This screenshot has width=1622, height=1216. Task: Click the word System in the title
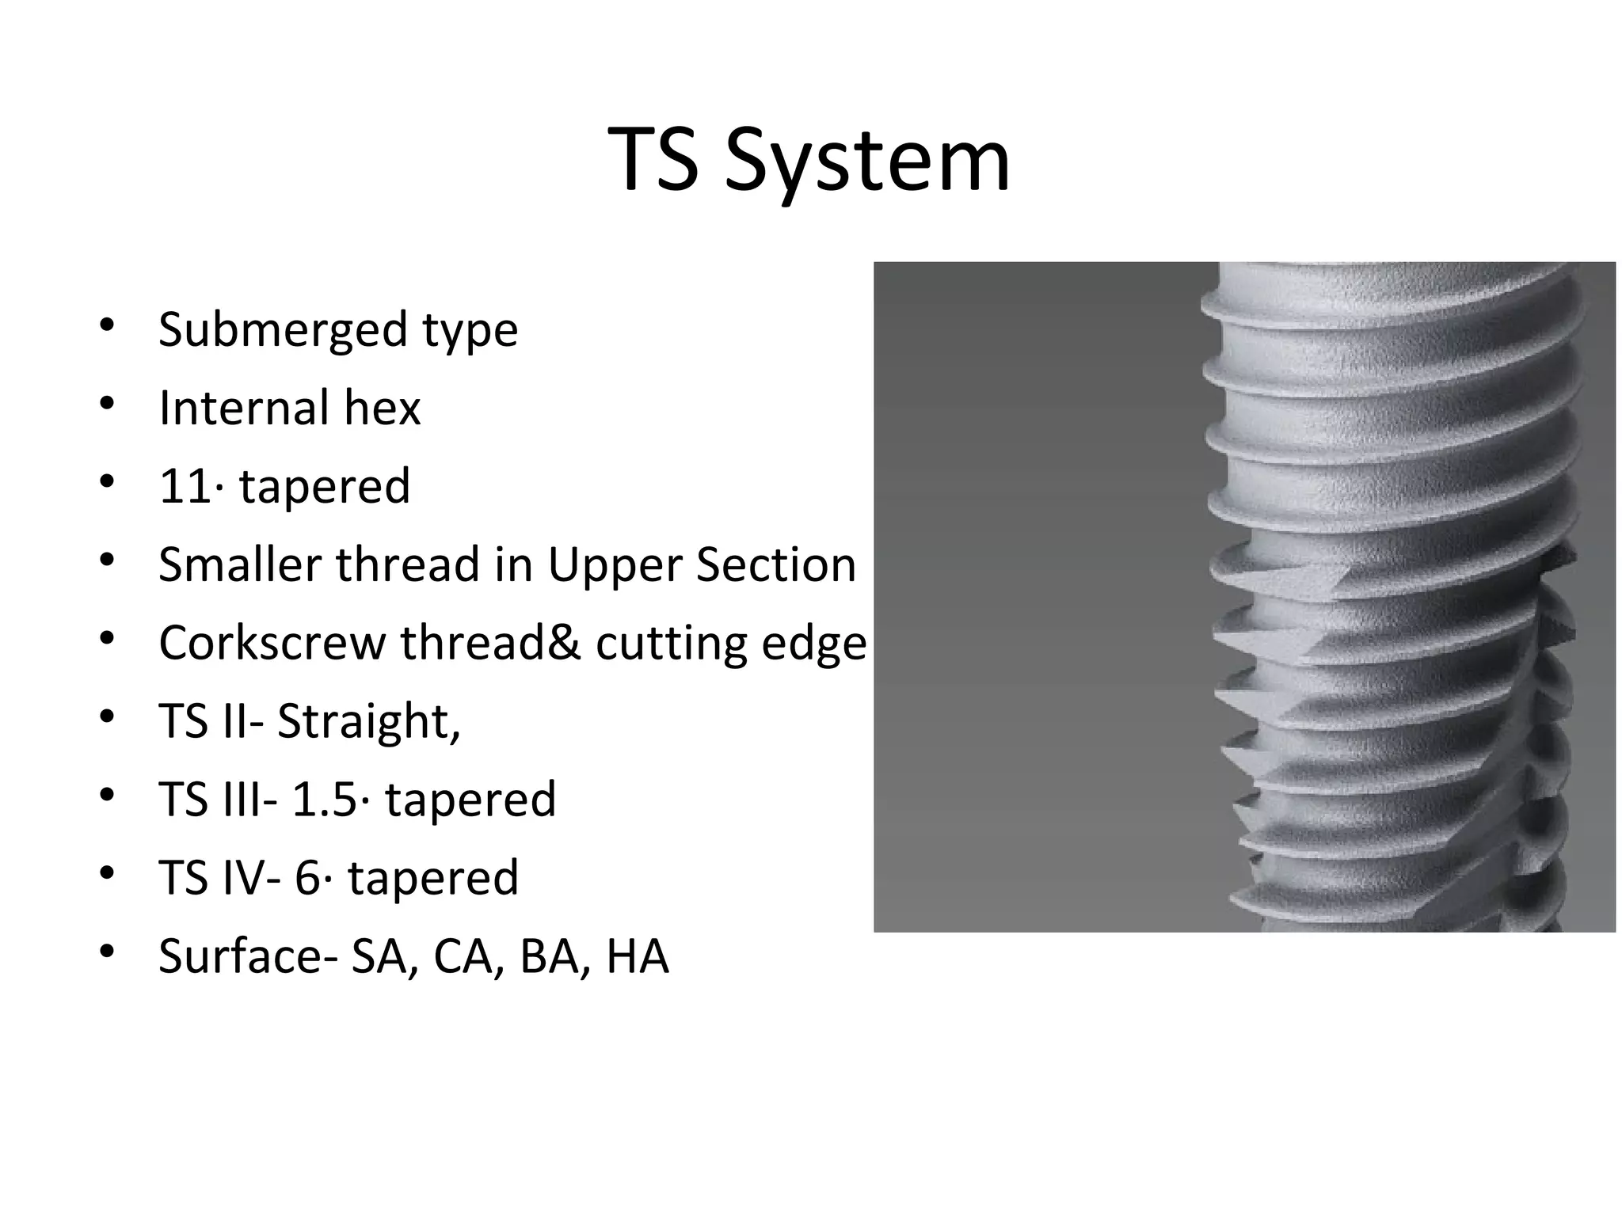point(867,162)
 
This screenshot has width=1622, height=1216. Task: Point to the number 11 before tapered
point(185,486)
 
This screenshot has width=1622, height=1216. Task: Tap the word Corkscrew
point(272,643)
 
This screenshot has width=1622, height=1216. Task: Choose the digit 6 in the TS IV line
point(307,878)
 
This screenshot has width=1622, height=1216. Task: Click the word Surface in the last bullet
point(244,956)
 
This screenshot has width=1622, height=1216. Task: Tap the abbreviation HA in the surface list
point(638,956)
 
